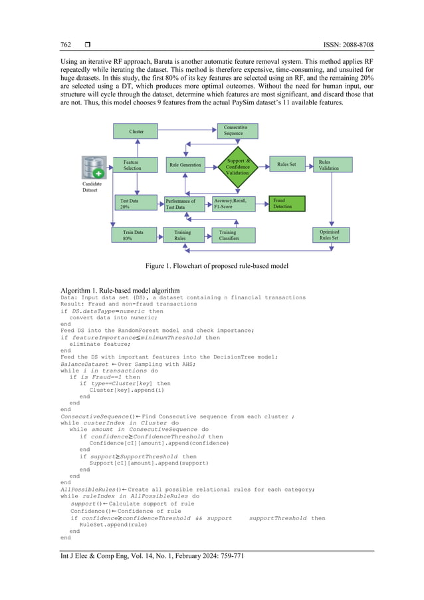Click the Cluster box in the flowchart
[x=137, y=132]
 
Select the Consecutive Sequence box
[x=237, y=130]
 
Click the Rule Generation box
[x=185, y=165]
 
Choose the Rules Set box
[x=286, y=164]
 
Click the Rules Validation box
[x=332, y=164]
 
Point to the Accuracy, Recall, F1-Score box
[x=233, y=204]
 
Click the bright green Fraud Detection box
[x=286, y=204]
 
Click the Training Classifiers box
[x=233, y=235]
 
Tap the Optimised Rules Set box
[x=332, y=235]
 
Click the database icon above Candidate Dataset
[x=94, y=167]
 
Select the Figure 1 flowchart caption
[x=212, y=266]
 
